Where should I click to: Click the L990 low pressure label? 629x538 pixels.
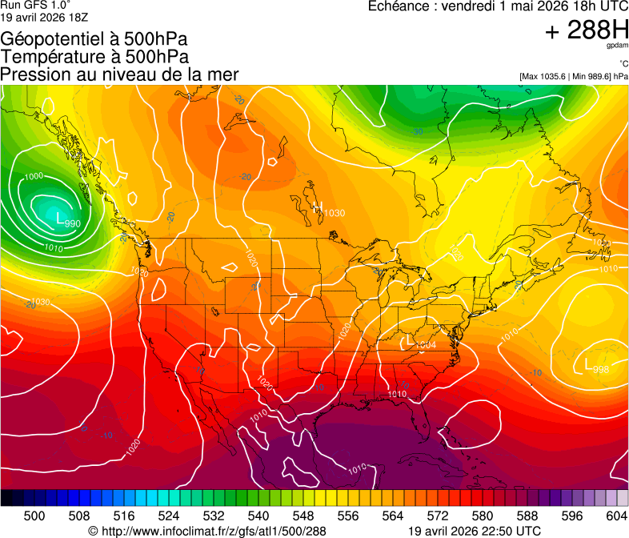[68, 219]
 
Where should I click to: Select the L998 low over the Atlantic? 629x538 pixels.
[596, 367]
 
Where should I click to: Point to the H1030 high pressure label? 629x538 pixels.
[329, 211]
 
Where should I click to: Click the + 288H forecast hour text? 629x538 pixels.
[587, 30]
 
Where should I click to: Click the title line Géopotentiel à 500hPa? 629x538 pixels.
[95, 39]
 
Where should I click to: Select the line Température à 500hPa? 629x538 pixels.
[94, 57]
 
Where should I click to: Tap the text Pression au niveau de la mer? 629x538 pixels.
[119, 74]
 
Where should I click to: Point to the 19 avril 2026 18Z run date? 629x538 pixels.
[45, 16]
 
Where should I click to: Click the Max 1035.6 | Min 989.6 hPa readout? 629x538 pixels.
[573, 77]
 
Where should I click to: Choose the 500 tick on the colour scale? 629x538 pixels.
[34, 516]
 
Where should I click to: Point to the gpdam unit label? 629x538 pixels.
[616, 46]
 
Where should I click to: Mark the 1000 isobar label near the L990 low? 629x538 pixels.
[34, 176]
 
